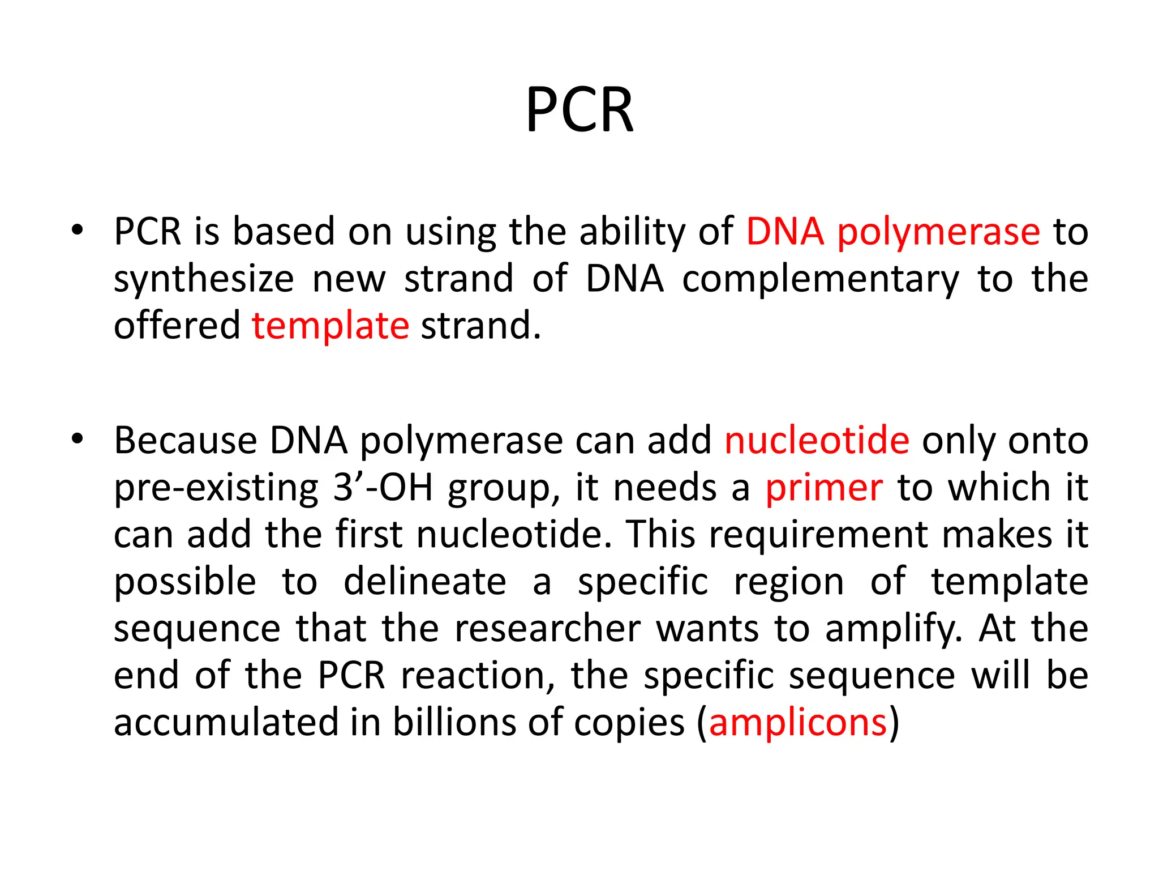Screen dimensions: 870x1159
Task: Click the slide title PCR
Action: coord(579,110)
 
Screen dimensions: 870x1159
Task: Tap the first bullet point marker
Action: coord(78,231)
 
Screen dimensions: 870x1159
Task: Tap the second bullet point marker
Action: coord(78,439)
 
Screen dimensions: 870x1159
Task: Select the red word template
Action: coord(330,326)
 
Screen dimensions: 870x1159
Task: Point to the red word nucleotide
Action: coord(817,441)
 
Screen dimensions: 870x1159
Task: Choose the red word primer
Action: coord(823,488)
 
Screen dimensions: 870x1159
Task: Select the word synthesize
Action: coord(204,279)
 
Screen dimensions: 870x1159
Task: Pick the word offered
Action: coord(177,326)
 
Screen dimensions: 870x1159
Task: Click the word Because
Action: coord(185,441)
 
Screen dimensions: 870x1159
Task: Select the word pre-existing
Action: coord(216,488)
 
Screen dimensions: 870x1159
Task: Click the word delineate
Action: coord(424,582)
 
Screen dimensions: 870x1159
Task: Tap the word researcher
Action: coord(547,629)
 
